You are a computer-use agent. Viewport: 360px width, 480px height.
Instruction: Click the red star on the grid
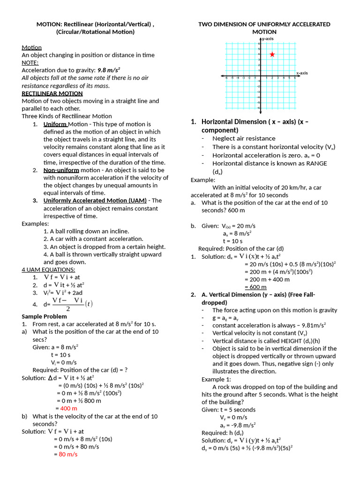272,54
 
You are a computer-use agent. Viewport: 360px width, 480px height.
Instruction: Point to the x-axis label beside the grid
301,73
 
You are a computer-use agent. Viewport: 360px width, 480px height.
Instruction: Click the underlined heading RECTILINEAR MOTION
52,93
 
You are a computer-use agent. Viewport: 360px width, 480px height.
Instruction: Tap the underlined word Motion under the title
32,47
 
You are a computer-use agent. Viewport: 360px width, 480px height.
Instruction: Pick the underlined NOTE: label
30,62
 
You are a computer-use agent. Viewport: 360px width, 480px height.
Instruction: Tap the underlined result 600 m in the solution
255,287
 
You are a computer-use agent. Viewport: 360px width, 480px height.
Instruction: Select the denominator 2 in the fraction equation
68,309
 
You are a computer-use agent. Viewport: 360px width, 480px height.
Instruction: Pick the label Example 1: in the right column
217,379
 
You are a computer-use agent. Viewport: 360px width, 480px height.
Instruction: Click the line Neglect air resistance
244,138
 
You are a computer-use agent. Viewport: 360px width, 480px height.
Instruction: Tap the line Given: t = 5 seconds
229,409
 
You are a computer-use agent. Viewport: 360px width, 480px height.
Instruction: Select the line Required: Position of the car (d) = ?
80,370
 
